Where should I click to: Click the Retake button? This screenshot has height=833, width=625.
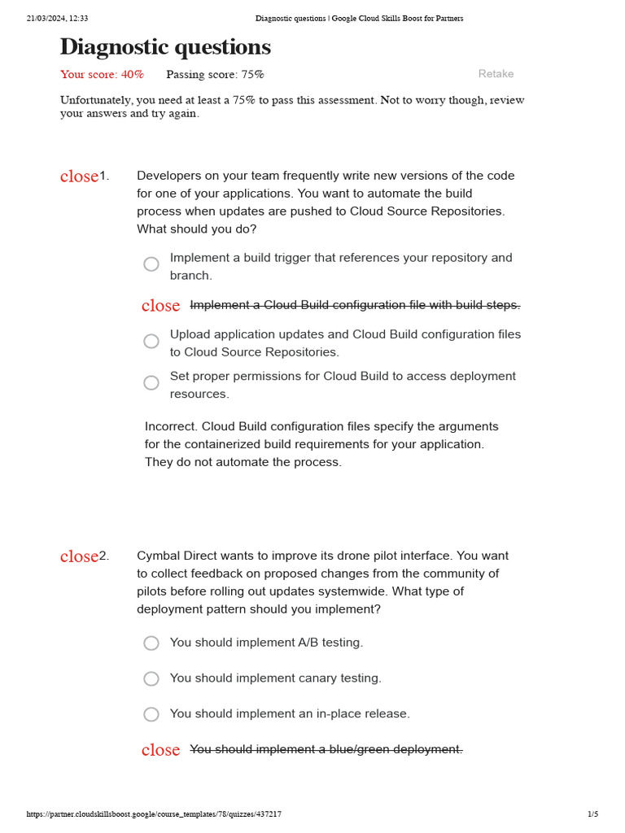496,74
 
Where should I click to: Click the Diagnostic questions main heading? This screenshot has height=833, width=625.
165,48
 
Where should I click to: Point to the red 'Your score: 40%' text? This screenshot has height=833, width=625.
102,75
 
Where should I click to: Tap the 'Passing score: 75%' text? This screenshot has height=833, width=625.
215,75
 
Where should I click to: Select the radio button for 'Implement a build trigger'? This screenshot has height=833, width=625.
151,264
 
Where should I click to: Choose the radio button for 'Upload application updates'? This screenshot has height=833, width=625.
151,341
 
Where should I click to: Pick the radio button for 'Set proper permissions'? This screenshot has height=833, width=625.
151,382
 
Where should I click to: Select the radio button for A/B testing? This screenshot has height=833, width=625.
151,643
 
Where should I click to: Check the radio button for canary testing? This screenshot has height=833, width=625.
151,678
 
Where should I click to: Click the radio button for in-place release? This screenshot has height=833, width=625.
151,714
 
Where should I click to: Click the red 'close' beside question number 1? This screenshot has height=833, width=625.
79,177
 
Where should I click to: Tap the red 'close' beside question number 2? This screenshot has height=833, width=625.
79,556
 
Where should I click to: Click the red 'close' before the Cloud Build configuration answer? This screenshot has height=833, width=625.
160,306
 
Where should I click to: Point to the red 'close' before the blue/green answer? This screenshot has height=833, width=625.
160,750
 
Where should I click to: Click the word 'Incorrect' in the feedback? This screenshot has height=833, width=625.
171,426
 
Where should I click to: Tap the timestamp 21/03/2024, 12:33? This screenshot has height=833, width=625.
57,18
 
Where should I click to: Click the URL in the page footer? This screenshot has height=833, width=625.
154,813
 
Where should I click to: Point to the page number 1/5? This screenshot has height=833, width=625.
592,813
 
